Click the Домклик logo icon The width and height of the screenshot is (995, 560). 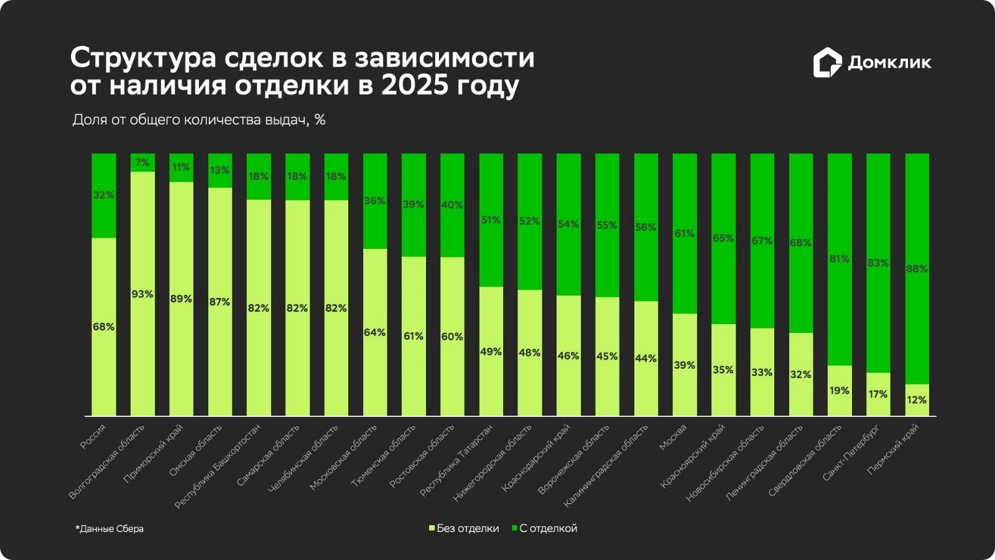coord(827,62)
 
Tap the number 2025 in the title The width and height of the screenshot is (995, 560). coord(414,85)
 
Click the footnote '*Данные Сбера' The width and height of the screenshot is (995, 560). coord(109,529)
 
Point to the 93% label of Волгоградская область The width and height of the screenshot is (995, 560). coord(142,294)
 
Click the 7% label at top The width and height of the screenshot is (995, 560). coord(142,162)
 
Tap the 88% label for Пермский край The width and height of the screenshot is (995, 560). coord(917,269)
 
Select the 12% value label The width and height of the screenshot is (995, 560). coord(917,400)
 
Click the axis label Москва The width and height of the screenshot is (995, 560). coord(673,437)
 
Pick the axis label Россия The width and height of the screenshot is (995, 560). coord(93,437)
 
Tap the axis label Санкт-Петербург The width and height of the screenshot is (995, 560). coord(851,453)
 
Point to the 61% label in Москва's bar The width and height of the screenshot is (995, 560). coord(684,233)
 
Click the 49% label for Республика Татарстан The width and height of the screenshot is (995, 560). coord(491,352)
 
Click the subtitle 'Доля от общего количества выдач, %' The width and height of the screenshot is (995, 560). coord(199,119)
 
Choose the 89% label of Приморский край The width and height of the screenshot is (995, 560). coord(181,299)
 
